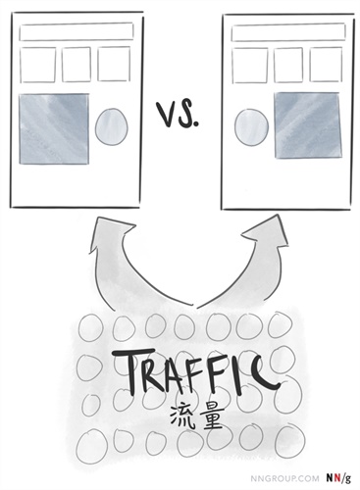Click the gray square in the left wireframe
click(x=53, y=126)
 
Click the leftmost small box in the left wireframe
click(x=37, y=65)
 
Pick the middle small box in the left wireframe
click(x=76, y=65)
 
